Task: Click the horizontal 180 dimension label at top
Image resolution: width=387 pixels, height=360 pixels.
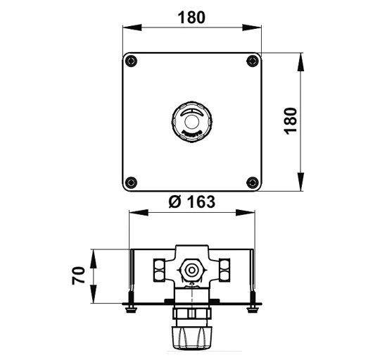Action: point(191,18)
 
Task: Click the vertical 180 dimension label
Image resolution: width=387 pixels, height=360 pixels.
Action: point(291,121)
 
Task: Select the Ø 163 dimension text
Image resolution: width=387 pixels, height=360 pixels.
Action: point(192,201)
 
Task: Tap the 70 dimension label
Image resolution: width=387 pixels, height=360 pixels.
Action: point(78,275)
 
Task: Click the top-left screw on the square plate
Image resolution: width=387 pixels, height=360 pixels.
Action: point(131,61)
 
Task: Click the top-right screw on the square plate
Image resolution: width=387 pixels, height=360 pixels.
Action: point(253,61)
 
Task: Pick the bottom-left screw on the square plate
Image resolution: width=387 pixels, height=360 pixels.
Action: point(131,182)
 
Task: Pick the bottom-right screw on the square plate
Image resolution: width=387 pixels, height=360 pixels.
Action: point(253,182)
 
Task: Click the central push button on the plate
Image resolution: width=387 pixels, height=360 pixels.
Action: point(192,122)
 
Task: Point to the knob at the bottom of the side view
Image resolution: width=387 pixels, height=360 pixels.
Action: point(192,337)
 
